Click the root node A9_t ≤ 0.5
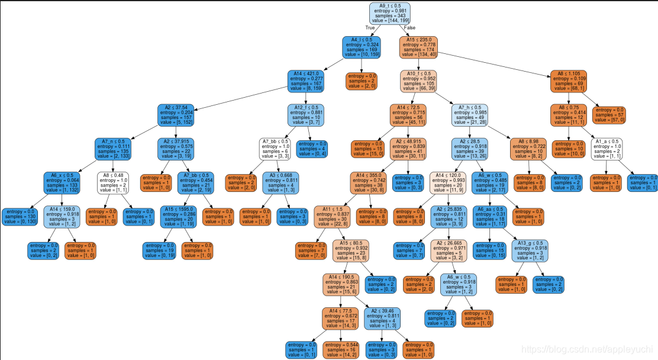click(389, 13)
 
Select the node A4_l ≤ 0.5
click(361, 47)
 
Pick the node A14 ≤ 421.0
click(307, 81)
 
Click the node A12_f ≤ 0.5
click(307, 115)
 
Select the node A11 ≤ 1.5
click(332, 217)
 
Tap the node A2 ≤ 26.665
click(453, 252)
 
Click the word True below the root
click(370, 28)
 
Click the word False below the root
click(409, 28)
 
